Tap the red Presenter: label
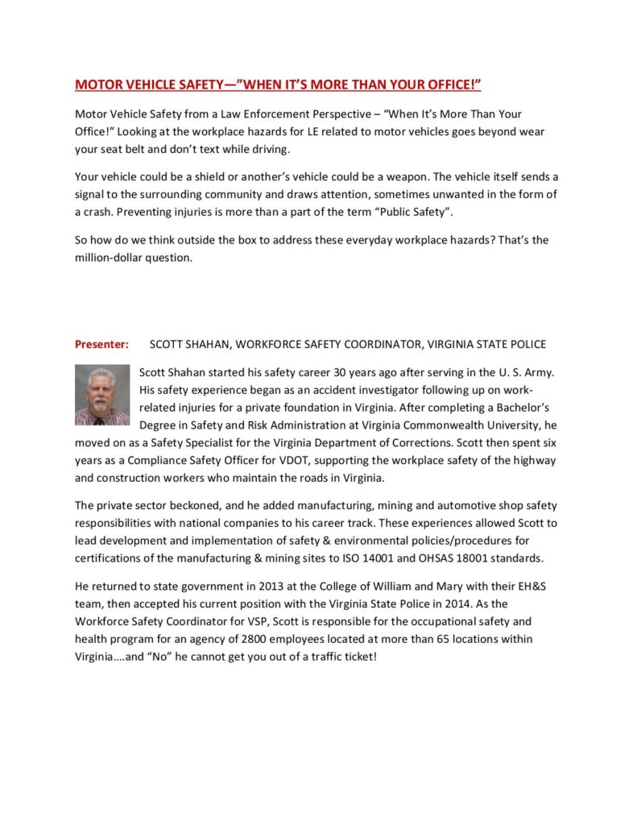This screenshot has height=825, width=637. tap(101, 344)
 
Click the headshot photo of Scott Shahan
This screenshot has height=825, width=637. tap(102, 395)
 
